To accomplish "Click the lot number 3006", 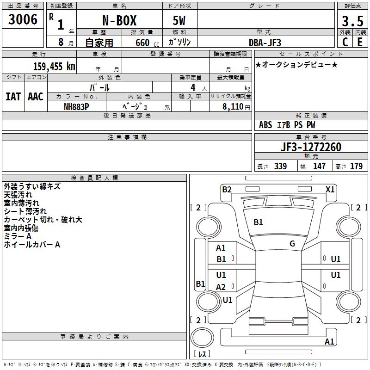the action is (x=23, y=19).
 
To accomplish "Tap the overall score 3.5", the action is (x=351, y=21).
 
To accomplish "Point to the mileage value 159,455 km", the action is (x=54, y=66).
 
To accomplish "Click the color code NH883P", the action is (x=76, y=106).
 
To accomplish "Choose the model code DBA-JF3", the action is (x=265, y=42).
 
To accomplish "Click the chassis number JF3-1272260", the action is (x=311, y=148).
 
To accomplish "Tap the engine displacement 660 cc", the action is (x=142, y=43).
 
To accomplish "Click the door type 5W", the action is (x=180, y=21).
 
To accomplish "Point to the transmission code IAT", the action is (x=13, y=97).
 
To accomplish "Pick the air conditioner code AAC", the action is (x=36, y=97).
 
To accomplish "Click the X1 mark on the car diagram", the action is (x=330, y=189).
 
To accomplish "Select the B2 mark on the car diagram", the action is (x=227, y=189).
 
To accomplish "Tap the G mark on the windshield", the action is (x=292, y=244).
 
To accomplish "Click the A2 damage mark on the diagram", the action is (x=221, y=287).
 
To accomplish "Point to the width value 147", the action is (x=319, y=166).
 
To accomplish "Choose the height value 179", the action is (x=356, y=166).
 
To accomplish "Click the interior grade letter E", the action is (x=360, y=42).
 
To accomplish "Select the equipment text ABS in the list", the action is (x=265, y=125).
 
